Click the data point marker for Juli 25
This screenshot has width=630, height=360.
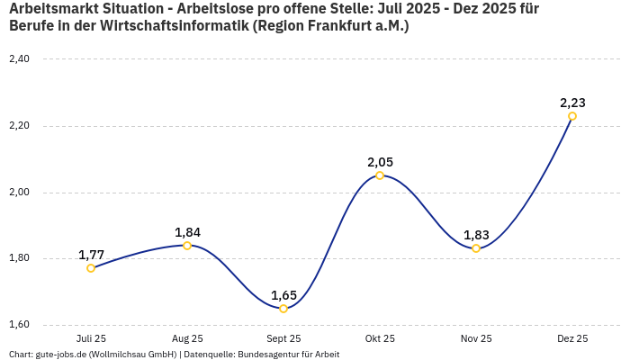(x=91, y=268)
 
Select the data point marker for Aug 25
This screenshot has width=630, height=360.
(x=187, y=246)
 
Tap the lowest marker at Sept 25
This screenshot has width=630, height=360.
(x=283, y=309)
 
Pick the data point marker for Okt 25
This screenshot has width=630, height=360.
(x=380, y=175)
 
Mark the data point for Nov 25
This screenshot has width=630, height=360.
(x=476, y=248)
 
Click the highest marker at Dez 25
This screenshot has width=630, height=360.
(x=572, y=116)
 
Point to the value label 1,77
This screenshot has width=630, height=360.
(x=91, y=255)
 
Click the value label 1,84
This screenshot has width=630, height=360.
(x=187, y=232)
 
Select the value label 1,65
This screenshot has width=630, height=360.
(x=283, y=295)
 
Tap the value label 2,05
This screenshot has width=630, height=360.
(x=380, y=162)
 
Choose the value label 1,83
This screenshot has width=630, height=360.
(x=476, y=235)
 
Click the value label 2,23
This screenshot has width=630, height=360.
(x=572, y=103)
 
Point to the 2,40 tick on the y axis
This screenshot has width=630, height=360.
(x=19, y=59)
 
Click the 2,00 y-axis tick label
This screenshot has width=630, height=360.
(x=19, y=193)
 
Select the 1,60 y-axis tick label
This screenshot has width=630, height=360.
(x=19, y=325)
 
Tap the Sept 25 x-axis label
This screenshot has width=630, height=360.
(x=283, y=339)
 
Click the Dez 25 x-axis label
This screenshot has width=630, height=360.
(x=572, y=339)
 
